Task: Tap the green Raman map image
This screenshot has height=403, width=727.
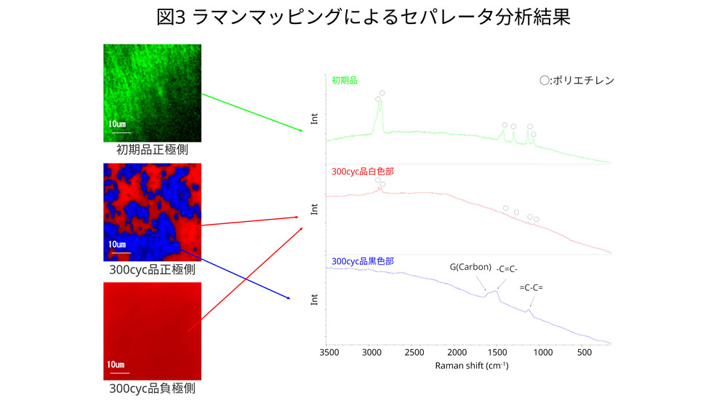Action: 152,93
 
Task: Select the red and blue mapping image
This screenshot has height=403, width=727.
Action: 152,212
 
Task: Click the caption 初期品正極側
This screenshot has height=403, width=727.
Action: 152,151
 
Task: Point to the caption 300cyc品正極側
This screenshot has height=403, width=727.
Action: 152,270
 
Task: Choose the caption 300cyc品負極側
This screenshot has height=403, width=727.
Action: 152,388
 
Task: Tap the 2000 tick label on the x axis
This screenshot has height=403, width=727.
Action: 456,353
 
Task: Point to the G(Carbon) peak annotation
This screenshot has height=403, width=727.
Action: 470,266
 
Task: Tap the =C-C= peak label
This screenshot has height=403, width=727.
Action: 531,287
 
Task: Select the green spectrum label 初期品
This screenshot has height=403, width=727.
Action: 345,81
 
